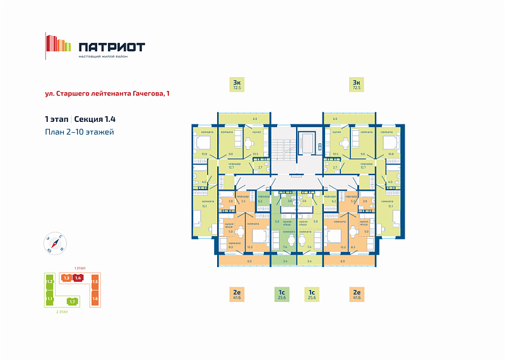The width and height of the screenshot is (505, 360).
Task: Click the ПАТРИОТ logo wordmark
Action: click(112, 47)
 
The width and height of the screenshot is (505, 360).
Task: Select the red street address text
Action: click(107, 93)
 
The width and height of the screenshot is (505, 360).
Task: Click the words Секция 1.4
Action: click(95, 119)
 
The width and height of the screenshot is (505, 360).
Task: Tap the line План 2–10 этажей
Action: click(79, 131)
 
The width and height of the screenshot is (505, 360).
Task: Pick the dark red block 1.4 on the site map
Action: click(78, 278)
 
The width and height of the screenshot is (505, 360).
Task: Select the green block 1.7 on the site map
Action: click(73, 301)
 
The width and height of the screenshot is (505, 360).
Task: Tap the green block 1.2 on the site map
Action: click(49, 281)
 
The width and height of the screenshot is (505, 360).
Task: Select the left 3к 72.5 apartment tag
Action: click(237, 85)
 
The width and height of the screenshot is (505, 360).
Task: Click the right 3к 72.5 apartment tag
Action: click(356, 85)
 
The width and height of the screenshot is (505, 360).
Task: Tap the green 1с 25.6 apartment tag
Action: click(282, 294)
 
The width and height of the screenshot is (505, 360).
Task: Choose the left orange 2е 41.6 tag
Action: click(237, 294)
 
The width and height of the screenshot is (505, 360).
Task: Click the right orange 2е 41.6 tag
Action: click(356, 294)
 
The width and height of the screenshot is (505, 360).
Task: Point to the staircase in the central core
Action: click(283, 145)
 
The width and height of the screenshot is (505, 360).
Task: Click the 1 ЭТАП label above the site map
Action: click(80, 268)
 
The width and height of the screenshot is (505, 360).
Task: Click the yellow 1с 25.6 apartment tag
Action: click(311, 294)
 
